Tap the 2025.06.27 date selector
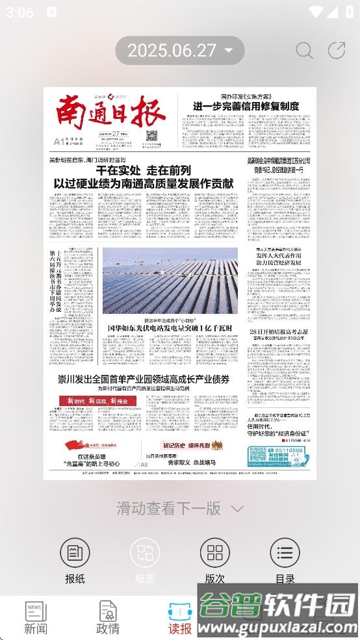coord(179,51)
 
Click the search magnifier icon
coord(304,51)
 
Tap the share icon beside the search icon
coord(337,51)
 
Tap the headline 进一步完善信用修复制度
coord(245,106)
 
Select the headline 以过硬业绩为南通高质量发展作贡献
coord(143,183)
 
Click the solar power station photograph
coord(170,281)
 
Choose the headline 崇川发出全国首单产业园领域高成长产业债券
coord(144,379)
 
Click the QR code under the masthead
coord(152,136)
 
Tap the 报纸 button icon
coord(75,553)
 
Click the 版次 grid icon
coord(214,553)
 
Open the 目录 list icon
coord(285,553)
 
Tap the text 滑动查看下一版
coord(169,508)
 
